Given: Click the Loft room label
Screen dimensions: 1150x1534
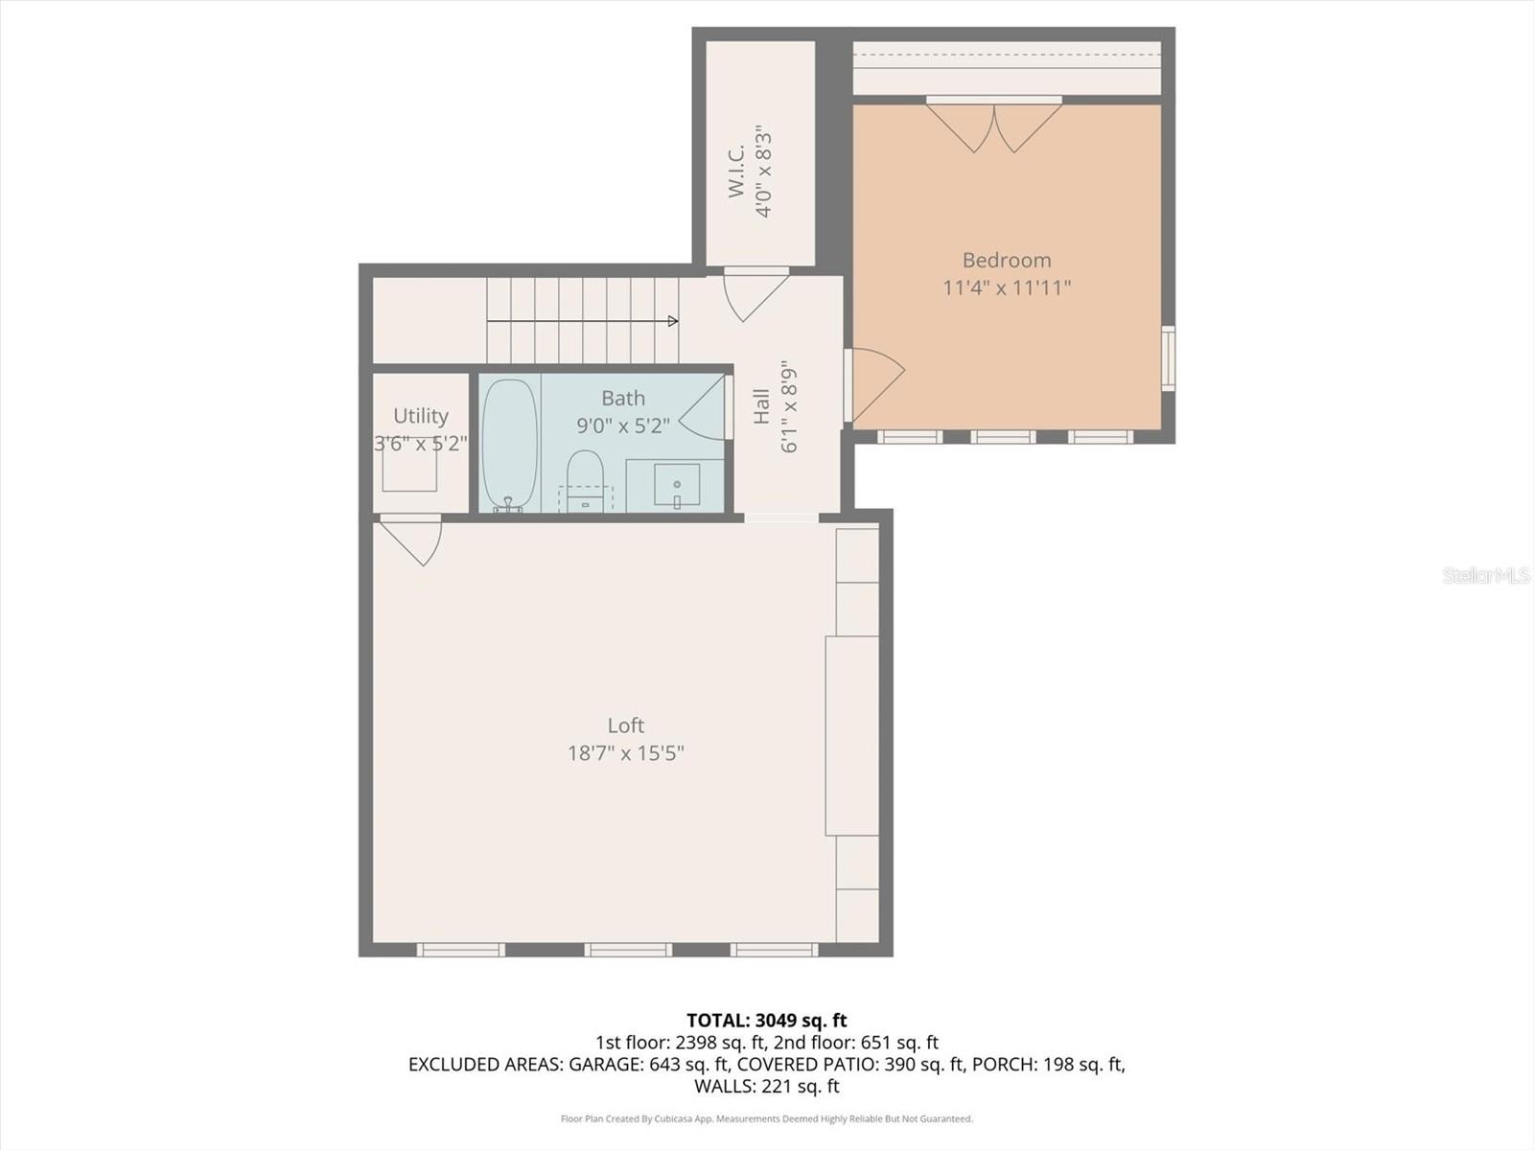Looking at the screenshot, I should click(x=625, y=725).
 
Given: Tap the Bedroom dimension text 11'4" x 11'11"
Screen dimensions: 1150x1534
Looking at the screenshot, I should click(x=1006, y=287).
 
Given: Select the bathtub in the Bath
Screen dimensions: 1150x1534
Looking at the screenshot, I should click(x=508, y=443).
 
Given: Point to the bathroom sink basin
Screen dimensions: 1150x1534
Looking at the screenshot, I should click(x=677, y=484).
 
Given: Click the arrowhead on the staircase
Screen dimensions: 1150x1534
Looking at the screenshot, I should click(x=673, y=321).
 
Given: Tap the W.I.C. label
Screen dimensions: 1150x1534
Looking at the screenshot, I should click(x=736, y=172).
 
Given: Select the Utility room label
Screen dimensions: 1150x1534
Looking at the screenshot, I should click(x=420, y=416).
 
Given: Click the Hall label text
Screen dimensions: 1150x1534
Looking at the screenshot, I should click(x=761, y=405).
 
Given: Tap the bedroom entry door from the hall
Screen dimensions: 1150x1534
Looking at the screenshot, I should click(x=874, y=383).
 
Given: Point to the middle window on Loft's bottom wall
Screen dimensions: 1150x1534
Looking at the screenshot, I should click(x=628, y=950).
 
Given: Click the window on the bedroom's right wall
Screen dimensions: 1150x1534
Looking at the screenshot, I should click(x=1168, y=357).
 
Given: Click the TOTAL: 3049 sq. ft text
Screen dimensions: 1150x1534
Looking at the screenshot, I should click(x=766, y=1021).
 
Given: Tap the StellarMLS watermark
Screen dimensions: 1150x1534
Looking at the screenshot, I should click(x=1485, y=575).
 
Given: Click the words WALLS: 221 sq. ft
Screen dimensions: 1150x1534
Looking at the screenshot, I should click(x=766, y=1086).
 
